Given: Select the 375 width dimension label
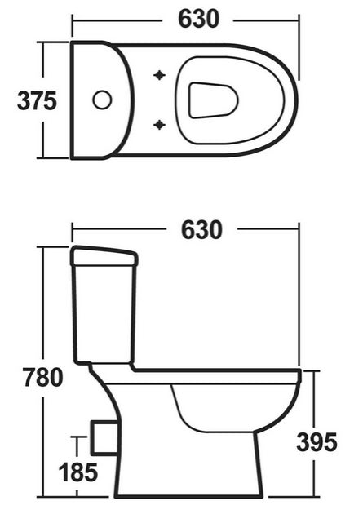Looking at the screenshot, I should point(37,100).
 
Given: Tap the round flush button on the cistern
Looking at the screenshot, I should point(102,100).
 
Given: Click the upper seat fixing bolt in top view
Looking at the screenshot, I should point(159,76).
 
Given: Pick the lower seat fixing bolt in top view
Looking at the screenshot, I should point(159,125).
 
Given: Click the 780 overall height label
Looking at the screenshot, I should point(42,378).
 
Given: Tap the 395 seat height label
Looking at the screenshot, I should point(316,442).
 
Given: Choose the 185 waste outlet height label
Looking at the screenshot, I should point(77,472).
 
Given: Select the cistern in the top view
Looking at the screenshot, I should point(98,100).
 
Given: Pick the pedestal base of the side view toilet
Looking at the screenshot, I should point(188,473).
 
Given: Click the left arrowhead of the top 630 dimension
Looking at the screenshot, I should point(76,17).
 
